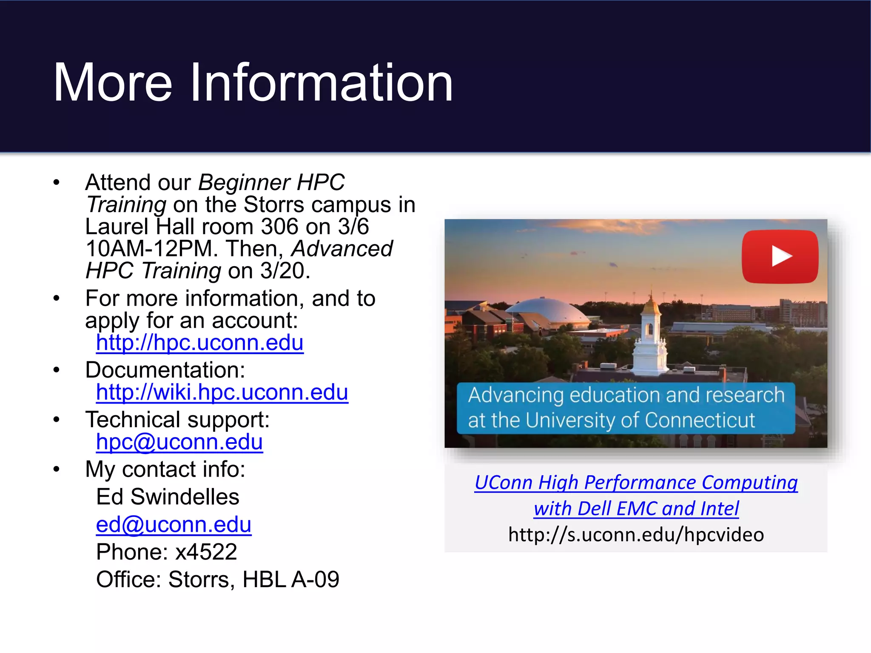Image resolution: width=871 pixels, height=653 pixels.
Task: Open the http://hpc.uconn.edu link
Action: [x=199, y=343]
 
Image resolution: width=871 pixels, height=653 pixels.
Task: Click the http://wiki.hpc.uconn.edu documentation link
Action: [x=222, y=392]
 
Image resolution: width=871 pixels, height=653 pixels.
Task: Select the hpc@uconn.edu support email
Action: [x=179, y=442]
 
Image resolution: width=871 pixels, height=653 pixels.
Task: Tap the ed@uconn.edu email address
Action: [x=174, y=524]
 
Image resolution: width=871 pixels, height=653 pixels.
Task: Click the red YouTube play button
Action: [x=780, y=256]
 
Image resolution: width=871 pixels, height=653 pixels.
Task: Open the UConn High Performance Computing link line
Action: [x=636, y=483]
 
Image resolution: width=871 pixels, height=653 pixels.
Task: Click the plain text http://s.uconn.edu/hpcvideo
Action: [x=636, y=534]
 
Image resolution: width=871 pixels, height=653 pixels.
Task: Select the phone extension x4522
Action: [x=206, y=552]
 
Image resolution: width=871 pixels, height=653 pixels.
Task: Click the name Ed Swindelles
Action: [x=168, y=497]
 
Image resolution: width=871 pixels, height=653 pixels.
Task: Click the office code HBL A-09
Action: [x=290, y=579]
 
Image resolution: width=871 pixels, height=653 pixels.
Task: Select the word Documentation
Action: [x=165, y=370]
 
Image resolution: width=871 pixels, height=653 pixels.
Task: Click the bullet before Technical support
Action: [x=57, y=420]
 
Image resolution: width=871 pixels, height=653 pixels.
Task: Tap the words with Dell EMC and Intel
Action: [x=636, y=508]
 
